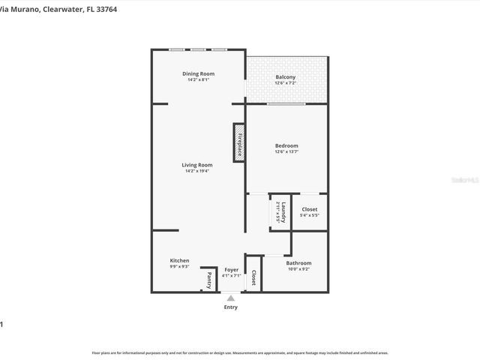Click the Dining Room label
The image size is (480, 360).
[x=198, y=73]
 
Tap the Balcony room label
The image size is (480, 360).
[x=285, y=77]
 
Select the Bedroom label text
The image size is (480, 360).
[x=286, y=145]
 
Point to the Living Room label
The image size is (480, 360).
[x=197, y=165]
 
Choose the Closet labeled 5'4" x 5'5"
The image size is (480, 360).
[x=309, y=209]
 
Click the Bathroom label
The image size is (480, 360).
[x=298, y=262]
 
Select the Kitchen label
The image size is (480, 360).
[x=179, y=260]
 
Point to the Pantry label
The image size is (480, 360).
[x=209, y=280]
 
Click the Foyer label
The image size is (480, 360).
[x=231, y=269]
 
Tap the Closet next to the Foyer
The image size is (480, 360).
[x=253, y=278]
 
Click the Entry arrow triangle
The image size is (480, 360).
[x=231, y=298]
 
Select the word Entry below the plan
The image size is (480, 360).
[x=231, y=307]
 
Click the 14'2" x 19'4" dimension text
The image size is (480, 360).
[x=197, y=171]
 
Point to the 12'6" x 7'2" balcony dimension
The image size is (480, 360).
[x=285, y=83]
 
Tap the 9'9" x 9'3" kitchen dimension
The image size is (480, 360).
[x=179, y=266]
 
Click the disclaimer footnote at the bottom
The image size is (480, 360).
[x=240, y=352]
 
